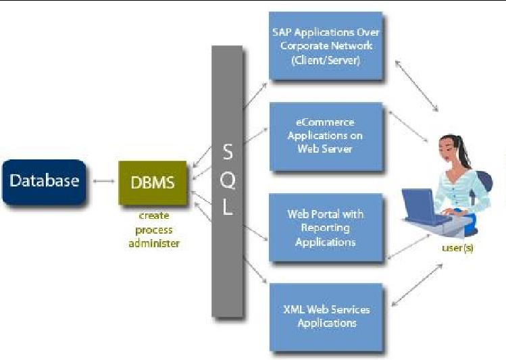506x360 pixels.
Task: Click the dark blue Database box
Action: click(44, 181)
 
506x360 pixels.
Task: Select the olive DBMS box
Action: click(153, 182)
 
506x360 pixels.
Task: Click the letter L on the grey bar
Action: click(228, 209)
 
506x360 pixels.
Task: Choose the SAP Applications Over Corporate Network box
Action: click(326, 45)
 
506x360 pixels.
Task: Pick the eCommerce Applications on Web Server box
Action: click(326, 136)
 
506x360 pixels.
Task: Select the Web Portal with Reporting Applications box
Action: click(326, 227)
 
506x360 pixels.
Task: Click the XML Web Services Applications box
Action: click(326, 317)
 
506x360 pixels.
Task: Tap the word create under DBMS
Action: click(154, 216)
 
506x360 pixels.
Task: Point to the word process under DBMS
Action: click(154, 230)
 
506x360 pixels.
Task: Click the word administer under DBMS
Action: click(154, 243)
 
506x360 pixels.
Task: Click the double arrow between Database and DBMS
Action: click(103, 181)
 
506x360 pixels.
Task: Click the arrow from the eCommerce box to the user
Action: click(405, 128)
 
